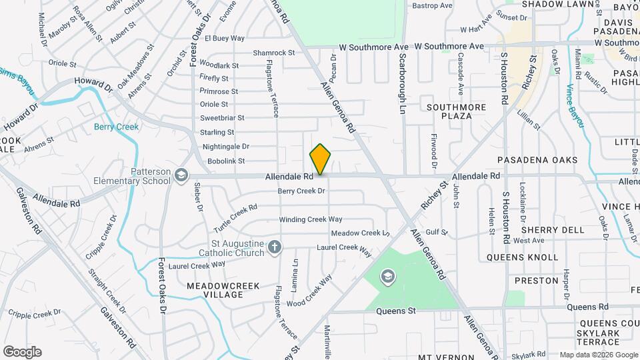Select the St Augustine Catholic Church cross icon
[x=273, y=249]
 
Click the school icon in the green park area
[x=388, y=277]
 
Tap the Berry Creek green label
[x=116, y=127]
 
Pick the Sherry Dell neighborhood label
[x=545, y=230]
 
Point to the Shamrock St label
[x=273, y=53]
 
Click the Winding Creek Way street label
[x=310, y=219]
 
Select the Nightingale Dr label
[x=225, y=147]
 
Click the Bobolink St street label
[x=226, y=161]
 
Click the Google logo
[x=22, y=352]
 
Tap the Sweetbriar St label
[x=223, y=118]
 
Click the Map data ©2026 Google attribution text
[x=598, y=355]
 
